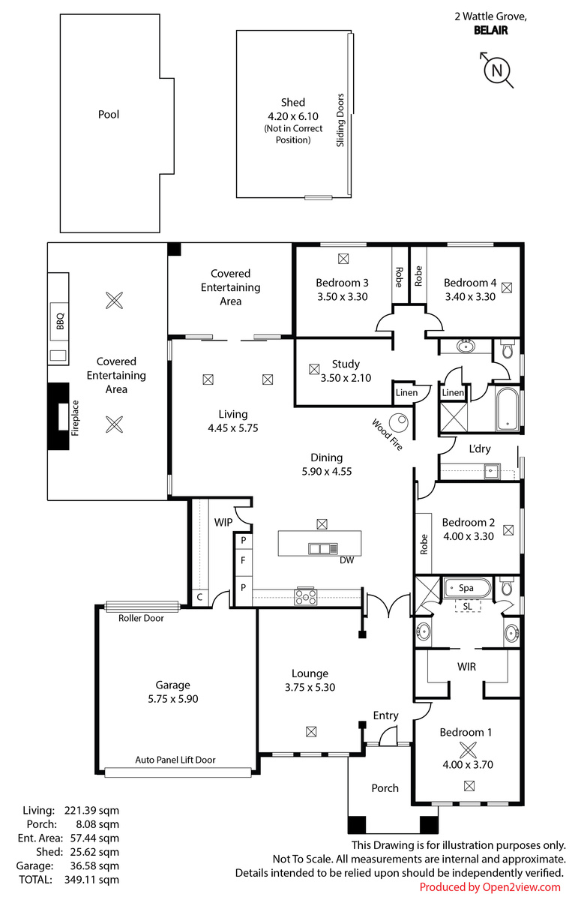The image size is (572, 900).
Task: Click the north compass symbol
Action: pos(497,70)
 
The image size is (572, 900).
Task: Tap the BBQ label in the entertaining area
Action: pos(60,322)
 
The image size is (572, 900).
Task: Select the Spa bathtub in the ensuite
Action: pos(468,588)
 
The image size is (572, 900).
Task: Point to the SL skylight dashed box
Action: pos(468,606)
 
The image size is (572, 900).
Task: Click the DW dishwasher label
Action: pos(346,560)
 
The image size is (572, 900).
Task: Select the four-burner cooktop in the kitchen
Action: pos(306,596)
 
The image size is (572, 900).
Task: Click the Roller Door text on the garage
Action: pos(141,618)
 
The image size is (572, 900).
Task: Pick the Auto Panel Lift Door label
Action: pos(175,760)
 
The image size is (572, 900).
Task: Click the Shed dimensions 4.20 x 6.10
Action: pos(293,116)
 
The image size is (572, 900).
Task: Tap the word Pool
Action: pos(109,115)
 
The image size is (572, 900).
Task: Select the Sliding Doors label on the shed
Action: pos(340,120)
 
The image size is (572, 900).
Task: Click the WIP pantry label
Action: pos(223,522)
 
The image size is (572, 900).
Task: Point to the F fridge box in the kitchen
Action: pos(243,560)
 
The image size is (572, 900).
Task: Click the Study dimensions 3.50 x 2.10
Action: pos(346,378)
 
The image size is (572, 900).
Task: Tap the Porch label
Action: pos(385,788)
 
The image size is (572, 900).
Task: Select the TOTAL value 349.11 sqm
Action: pos(91,880)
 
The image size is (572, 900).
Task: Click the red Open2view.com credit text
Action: pos(490,887)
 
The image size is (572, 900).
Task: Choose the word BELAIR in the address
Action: pos(490,31)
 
